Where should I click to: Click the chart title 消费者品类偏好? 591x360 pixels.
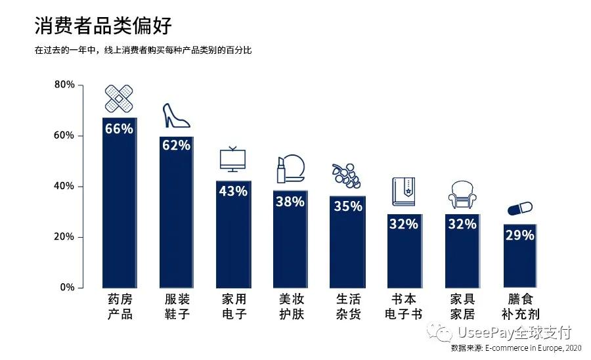(x=103, y=26)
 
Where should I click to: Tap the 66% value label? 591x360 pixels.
(x=119, y=129)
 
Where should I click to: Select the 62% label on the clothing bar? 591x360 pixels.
(x=176, y=145)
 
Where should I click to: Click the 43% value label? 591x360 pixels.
(x=233, y=191)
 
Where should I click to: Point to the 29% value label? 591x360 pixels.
(x=519, y=235)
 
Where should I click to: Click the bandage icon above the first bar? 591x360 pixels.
(x=119, y=99)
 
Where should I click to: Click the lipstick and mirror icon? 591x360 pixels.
(x=290, y=169)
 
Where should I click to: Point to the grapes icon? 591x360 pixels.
(x=346, y=175)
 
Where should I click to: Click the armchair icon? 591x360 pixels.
(x=462, y=195)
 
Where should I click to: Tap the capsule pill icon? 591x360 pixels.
(x=519, y=208)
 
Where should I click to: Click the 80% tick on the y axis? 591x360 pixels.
(x=64, y=85)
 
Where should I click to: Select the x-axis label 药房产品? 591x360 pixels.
(x=120, y=307)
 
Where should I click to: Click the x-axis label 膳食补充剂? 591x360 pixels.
(x=519, y=307)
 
